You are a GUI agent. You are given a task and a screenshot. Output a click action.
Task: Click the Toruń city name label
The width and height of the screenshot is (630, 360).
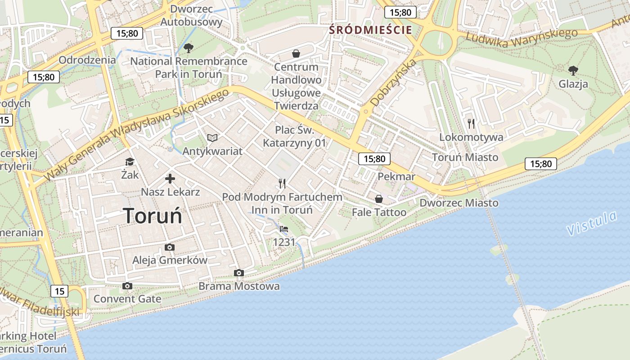coord(153,216)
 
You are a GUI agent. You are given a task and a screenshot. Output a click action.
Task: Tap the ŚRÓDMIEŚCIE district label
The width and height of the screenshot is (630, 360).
coord(370,30)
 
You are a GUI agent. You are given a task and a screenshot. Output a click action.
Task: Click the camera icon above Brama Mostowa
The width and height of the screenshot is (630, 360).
coord(239,273)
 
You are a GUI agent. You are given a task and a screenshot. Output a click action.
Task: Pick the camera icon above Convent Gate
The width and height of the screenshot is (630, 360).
coord(127,286)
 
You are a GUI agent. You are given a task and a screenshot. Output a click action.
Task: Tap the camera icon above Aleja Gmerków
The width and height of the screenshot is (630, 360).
coord(170,247)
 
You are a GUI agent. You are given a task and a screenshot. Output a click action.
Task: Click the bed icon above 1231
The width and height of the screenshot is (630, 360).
coord(284,229)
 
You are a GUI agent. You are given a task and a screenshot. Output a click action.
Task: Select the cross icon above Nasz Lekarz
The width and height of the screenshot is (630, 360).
coord(170,179)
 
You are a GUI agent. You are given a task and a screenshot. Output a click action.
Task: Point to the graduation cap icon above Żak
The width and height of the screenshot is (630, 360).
coord(130,162)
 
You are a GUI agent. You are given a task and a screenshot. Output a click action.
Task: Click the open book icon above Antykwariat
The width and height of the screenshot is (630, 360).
coord(212,138)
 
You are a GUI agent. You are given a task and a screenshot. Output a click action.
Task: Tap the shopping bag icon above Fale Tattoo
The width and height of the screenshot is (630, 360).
coord(379,198)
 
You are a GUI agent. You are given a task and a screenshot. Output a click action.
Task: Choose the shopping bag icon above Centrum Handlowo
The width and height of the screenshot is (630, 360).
coord(296,54)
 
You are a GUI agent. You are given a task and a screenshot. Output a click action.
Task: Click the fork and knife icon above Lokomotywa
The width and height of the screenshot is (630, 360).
coord(471,124)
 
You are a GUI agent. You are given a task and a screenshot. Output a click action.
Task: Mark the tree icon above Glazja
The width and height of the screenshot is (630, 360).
coord(573,70)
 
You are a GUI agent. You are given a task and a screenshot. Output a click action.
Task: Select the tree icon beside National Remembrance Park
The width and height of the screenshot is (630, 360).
coord(189,48)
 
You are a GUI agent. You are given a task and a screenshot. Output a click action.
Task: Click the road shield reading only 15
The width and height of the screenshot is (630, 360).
coord(60,291)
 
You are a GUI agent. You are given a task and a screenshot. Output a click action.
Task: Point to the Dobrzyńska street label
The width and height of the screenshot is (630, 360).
coord(387,84)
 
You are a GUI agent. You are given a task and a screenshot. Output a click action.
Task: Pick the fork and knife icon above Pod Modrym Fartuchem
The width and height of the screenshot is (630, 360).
coord(282,183)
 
